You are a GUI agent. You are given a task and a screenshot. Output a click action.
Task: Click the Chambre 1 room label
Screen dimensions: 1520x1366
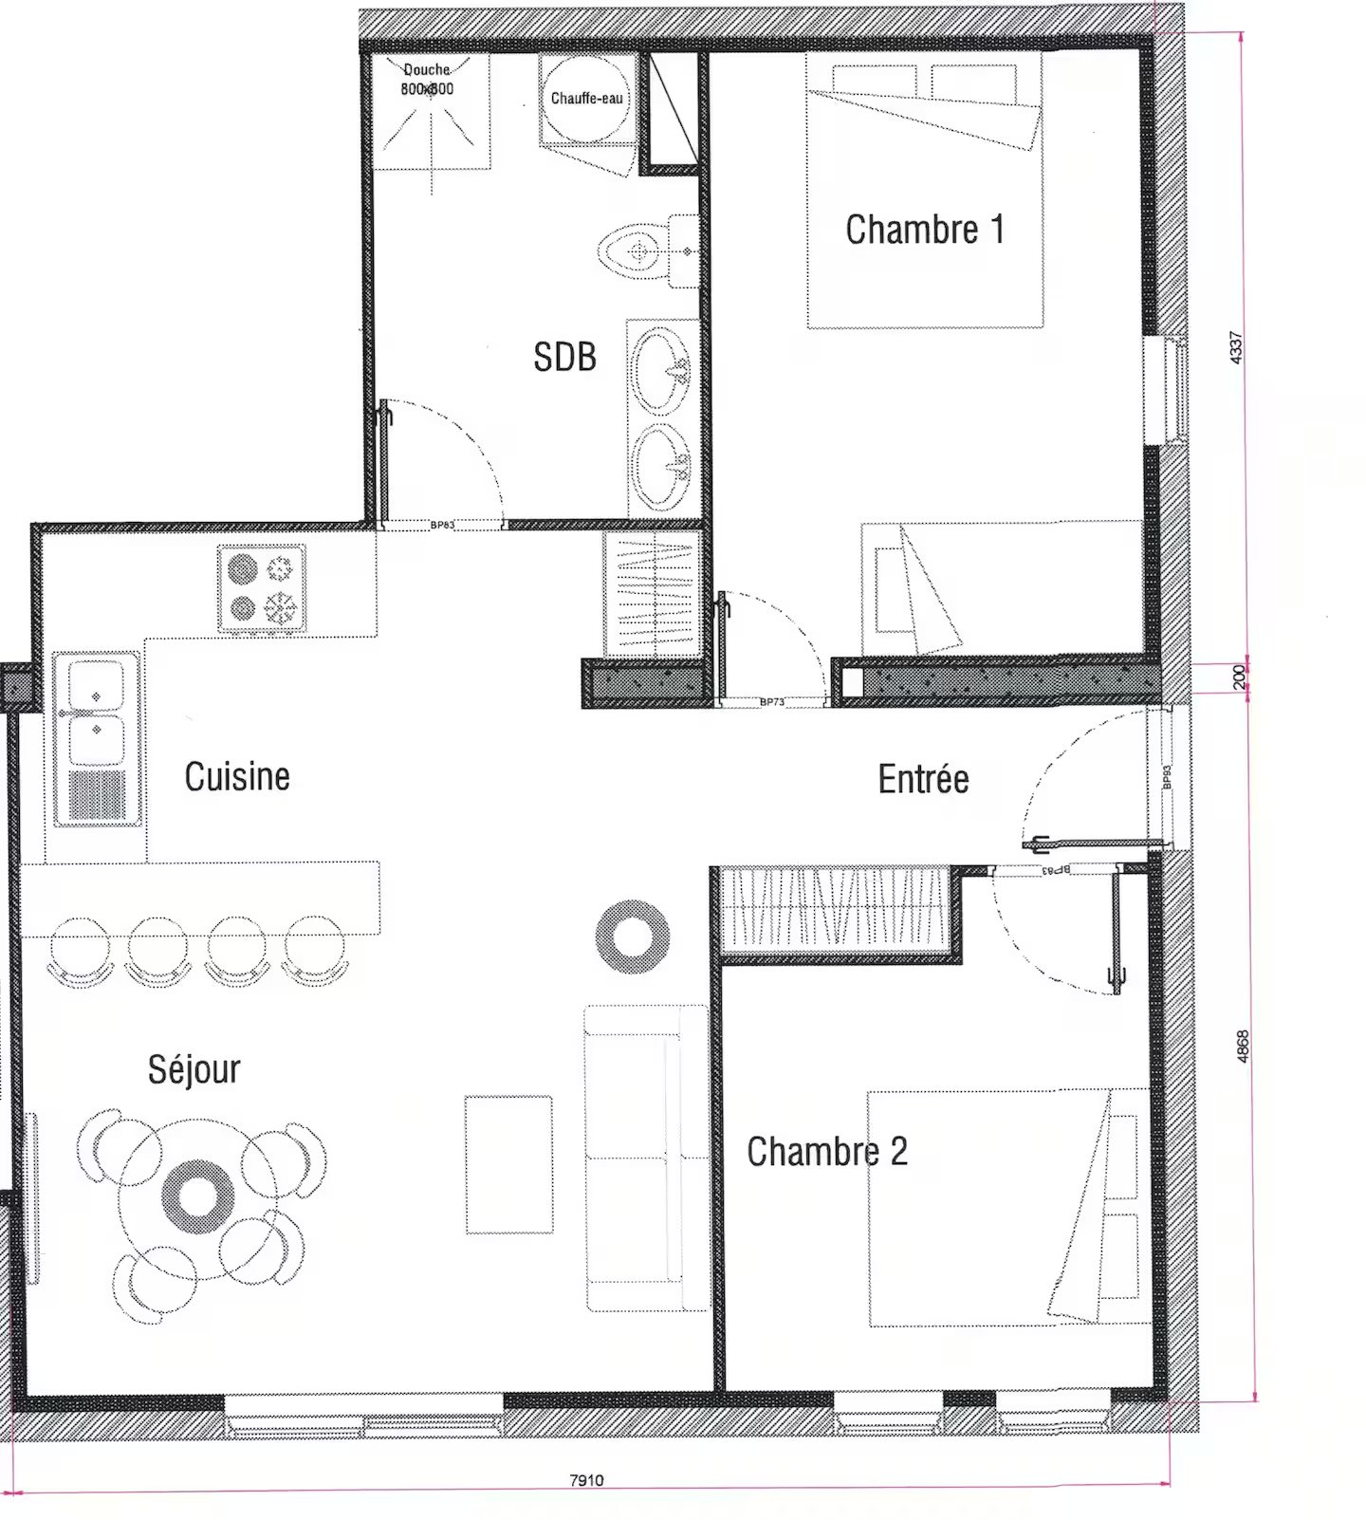click(924, 230)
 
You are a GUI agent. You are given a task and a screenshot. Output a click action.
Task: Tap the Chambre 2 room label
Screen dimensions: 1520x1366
click(826, 1151)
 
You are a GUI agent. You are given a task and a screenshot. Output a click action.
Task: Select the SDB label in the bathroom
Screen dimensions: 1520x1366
click(564, 357)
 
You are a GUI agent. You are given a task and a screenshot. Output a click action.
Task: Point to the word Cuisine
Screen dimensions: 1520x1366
click(237, 776)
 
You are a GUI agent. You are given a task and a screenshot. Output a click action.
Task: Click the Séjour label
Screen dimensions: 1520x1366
click(194, 1069)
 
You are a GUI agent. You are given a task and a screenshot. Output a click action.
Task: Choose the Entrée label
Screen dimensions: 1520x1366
click(923, 779)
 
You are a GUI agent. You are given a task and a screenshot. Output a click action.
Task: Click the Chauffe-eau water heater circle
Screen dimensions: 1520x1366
click(586, 98)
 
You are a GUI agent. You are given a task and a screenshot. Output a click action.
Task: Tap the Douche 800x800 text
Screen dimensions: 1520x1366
click(427, 80)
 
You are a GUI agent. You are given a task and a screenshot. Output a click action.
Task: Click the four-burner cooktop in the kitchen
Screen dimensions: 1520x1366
click(262, 587)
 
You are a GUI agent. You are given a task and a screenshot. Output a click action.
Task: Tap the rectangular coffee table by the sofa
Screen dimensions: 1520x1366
click(508, 1164)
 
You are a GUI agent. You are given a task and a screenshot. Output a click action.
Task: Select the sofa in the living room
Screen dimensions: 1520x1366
click(645, 1158)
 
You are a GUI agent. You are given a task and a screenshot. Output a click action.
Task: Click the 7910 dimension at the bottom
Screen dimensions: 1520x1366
click(586, 1479)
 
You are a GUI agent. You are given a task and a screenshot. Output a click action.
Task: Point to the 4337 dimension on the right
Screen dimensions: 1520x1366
click(1235, 347)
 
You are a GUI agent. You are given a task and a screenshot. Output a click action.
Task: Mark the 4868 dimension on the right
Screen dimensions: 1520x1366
click(1243, 1046)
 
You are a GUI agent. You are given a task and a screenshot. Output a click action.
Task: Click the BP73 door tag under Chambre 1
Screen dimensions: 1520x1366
click(772, 702)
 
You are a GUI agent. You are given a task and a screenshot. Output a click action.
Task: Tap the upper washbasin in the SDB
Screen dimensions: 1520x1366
click(661, 368)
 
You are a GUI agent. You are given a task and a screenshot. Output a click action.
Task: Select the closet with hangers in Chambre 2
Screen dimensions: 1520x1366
click(835, 908)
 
